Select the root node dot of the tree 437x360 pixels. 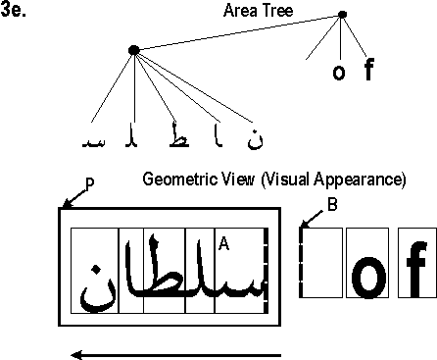(x=342, y=15)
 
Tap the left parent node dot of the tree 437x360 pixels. (x=134, y=50)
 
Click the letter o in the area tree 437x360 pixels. (x=339, y=73)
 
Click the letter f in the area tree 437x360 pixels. (x=368, y=71)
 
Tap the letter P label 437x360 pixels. (x=76, y=193)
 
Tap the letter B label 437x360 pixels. (x=332, y=204)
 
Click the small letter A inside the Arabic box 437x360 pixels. (x=223, y=241)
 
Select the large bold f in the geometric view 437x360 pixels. (x=414, y=275)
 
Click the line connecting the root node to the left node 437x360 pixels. (x=238, y=32)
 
